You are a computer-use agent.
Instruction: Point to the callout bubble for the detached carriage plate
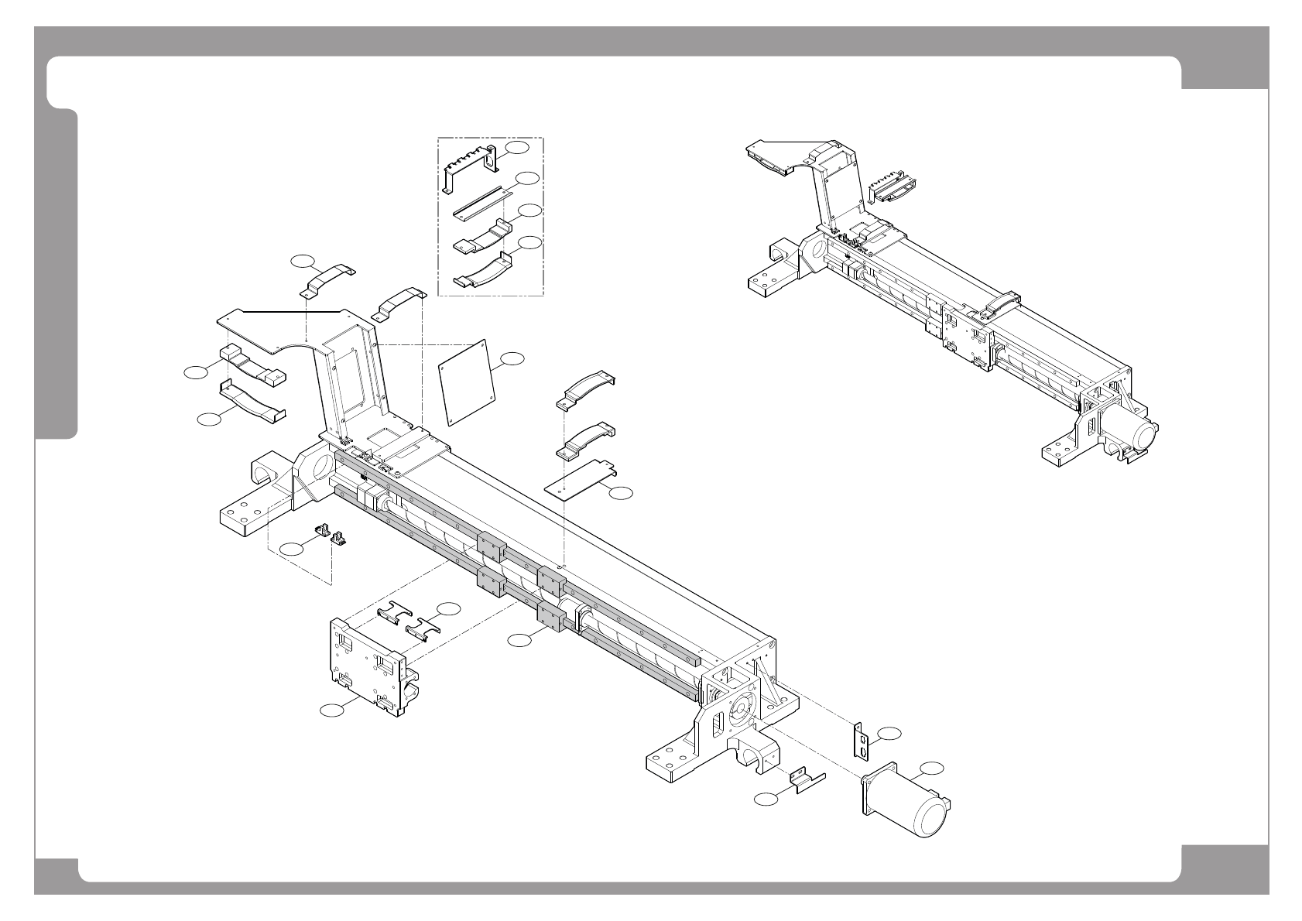pyautogui.click(x=333, y=709)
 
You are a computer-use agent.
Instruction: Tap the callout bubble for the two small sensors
pyautogui.click(x=292, y=549)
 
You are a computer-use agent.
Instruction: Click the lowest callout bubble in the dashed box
pyautogui.click(x=530, y=243)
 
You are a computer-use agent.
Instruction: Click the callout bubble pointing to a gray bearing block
pyautogui.click(x=520, y=640)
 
